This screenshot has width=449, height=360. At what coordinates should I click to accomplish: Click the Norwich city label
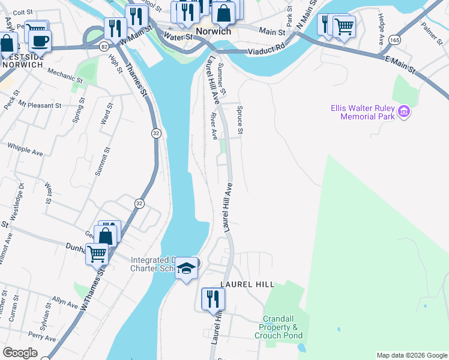pyautogui.click(x=213, y=31)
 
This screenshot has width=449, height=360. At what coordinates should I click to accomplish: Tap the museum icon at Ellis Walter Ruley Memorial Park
pyautogui.click(x=404, y=112)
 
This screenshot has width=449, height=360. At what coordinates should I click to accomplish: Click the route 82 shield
pyautogui.click(x=105, y=46)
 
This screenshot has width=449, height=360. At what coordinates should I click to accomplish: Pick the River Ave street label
pyautogui.click(x=214, y=125)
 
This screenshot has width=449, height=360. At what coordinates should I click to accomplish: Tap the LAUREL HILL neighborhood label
pyautogui.click(x=247, y=284)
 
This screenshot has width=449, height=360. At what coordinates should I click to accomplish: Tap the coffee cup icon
pyautogui.click(x=40, y=41)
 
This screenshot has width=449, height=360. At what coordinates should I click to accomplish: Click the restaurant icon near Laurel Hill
pyautogui.click(x=213, y=299)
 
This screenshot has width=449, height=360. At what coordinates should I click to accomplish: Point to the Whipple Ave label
pyautogui.click(x=25, y=149)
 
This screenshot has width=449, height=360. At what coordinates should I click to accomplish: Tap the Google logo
pyautogui.click(x=20, y=353)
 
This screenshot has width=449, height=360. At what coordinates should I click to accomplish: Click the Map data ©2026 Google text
pyautogui.click(x=411, y=355)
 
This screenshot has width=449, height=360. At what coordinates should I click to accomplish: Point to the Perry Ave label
pyautogui.click(x=41, y=337)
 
